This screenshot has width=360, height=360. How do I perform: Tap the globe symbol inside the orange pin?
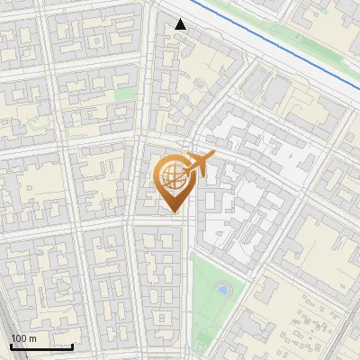tap(171, 175)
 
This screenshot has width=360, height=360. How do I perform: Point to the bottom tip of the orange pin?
tap(171, 212)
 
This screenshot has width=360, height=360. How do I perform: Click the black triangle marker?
tap(181, 24)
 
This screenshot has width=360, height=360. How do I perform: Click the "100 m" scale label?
tap(24, 337)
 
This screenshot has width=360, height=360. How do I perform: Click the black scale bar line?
tap(41, 346)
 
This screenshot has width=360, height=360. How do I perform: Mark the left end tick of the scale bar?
tap(11, 345)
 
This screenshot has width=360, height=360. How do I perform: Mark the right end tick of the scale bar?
tap(72, 345)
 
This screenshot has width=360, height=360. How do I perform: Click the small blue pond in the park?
tap(221, 290)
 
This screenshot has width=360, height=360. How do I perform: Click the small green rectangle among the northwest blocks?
tap(126, 93)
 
